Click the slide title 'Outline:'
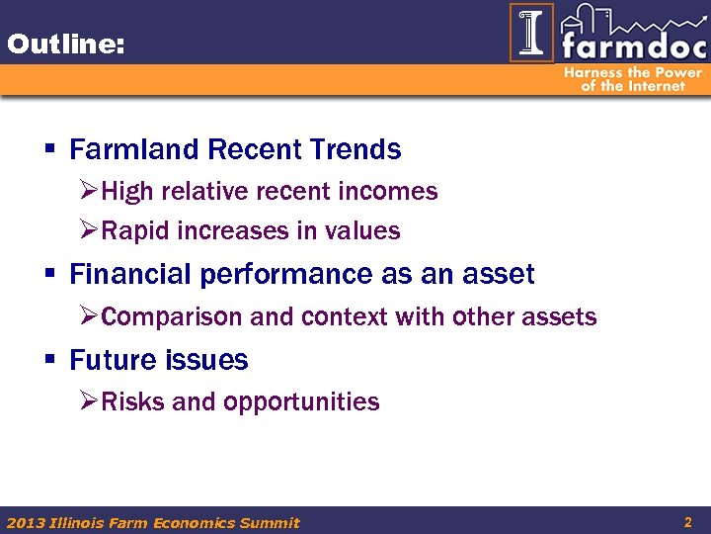[64, 44]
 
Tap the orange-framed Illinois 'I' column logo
[531, 33]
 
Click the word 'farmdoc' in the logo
[632, 45]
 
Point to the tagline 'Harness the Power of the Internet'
[633, 79]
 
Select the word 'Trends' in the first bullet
[355, 150]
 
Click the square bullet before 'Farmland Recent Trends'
[48, 150]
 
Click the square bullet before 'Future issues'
[48, 361]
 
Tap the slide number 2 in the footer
[687, 520]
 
